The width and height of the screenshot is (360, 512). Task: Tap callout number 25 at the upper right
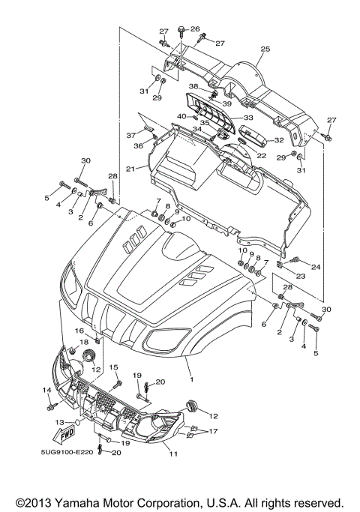(264, 49)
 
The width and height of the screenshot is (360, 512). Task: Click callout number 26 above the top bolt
(195, 28)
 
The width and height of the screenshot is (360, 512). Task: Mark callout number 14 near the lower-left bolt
(45, 390)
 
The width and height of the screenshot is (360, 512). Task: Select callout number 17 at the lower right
(214, 431)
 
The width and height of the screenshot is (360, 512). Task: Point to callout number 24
(316, 267)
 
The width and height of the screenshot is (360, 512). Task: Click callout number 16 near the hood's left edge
(79, 331)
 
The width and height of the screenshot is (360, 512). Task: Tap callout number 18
(83, 342)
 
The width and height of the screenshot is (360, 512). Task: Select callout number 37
(130, 136)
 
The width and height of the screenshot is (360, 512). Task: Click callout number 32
(278, 140)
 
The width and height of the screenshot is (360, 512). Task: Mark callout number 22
(262, 155)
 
